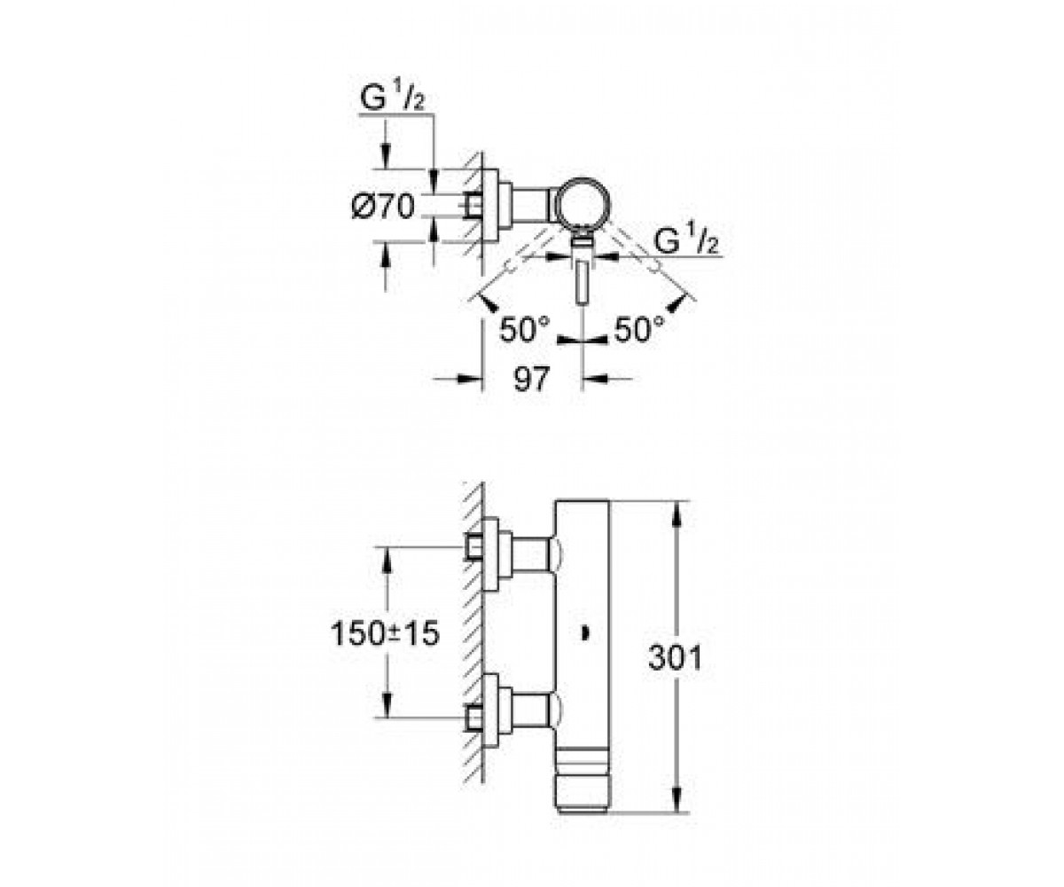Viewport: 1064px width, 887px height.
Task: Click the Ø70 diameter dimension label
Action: pos(383,208)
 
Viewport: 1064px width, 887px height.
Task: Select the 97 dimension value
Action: pos(531,379)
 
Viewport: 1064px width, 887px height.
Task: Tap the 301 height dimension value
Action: pos(675,657)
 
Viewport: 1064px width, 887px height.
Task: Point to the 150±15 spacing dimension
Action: pos(385,633)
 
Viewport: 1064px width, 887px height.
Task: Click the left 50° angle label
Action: pos(524,329)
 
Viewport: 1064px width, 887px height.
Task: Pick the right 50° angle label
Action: pos(639,329)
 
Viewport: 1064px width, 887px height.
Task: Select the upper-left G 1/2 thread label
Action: pos(393,98)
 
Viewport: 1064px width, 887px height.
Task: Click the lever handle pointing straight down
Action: pos(583,280)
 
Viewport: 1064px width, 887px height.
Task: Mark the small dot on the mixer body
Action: pos(585,635)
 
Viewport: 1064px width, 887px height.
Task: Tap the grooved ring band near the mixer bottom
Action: pos(583,769)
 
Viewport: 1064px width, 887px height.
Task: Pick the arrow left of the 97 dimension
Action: pos(458,379)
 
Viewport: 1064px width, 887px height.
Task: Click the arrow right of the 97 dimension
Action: pos(607,379)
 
